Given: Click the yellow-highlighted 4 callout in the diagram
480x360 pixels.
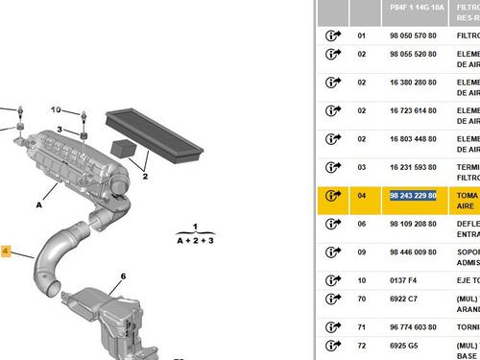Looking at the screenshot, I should tap(6, 252).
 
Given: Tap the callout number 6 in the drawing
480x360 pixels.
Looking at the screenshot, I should tap(123, 276).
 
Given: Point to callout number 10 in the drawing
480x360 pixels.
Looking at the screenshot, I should tap(55, 109).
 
